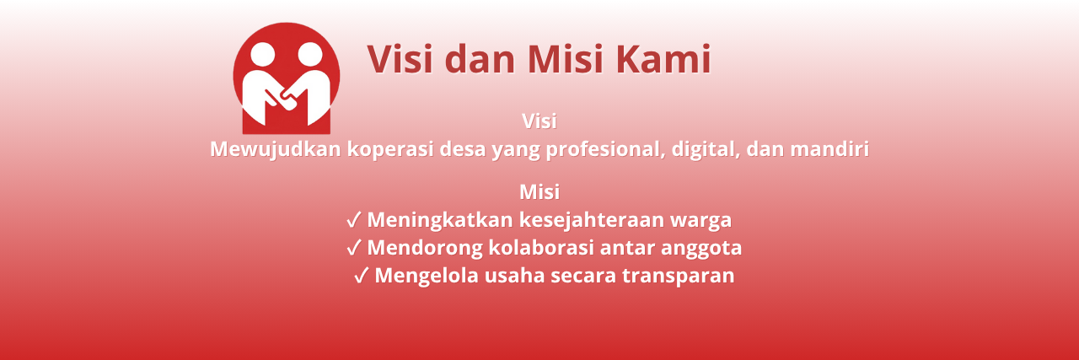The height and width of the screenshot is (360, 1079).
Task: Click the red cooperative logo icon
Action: pos(287,78)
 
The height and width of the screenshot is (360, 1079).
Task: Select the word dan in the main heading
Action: pos(480,60)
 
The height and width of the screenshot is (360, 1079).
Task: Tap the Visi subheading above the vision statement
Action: pos(539,121)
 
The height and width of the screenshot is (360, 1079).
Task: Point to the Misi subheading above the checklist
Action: pos(539,191)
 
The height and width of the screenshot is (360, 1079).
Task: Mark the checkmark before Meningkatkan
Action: pos(354,221)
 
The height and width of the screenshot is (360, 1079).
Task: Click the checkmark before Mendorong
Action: pos(354,249)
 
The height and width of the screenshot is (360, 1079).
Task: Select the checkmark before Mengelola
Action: pos(362,277)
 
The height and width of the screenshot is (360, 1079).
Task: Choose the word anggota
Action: pos(703,249)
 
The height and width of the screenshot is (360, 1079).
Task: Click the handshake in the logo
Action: pos(286,99)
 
